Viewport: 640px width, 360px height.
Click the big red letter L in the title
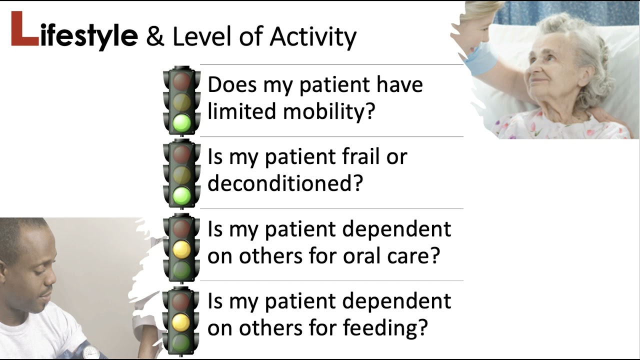pos(24,30)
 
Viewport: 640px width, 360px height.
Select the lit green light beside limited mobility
pos(181,123)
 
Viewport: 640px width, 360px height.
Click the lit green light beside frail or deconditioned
pos(181,195)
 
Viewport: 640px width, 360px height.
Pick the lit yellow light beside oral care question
pos(181,248)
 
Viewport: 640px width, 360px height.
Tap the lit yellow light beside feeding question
pos(181,321)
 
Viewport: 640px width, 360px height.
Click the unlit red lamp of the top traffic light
pos(181,80)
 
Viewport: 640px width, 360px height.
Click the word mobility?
pos(328,111)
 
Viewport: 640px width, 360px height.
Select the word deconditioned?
pos(284,183)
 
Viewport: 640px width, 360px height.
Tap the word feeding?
pos(385,328)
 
